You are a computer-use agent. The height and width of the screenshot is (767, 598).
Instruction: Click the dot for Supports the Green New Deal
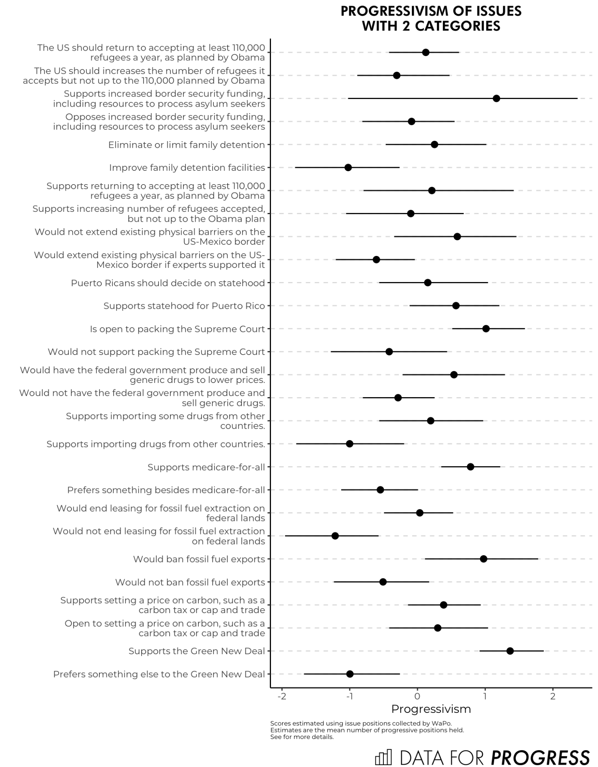510,651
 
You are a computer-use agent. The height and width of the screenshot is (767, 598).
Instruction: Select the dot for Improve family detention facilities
348,167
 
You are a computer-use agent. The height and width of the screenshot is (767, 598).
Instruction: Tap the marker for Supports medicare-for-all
470,467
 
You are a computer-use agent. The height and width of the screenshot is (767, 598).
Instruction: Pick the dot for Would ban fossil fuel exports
483,559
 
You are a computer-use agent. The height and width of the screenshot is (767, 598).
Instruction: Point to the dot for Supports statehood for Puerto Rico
456,305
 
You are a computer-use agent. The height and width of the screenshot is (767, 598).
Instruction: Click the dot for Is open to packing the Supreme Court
486,328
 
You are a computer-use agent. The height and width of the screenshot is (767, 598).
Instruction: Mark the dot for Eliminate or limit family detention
434,144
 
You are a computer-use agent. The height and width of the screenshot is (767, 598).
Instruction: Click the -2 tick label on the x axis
282,696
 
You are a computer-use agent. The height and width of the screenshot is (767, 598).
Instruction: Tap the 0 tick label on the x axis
417,696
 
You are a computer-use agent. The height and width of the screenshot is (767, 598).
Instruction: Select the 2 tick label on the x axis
553,696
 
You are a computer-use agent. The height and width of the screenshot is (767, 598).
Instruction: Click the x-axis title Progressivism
431,709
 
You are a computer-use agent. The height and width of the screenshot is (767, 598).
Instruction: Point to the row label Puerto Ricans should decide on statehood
168,283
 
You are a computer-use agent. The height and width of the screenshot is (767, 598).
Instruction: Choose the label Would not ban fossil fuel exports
190,582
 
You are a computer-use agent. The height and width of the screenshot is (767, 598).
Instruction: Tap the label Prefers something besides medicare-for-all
166,490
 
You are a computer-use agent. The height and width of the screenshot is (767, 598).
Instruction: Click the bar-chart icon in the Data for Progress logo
383,757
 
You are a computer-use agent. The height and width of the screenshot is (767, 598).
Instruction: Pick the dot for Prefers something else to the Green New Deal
350,674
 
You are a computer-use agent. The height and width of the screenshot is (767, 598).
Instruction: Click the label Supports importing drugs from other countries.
156,444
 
